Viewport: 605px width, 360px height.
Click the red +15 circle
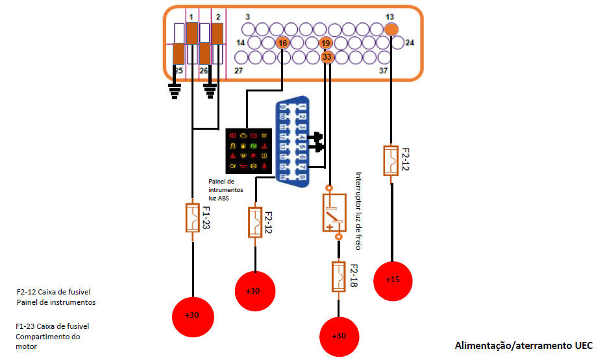coord(391,280)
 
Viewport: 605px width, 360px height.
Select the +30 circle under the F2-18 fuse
coord(338,336)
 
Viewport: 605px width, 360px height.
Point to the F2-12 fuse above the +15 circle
coord(391,161)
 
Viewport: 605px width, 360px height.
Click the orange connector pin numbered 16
coord(282,43)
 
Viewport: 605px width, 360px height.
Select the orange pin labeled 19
coord(326,43)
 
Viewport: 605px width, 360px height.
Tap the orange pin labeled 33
coord(327,57)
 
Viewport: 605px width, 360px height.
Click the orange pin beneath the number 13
coord(391,29)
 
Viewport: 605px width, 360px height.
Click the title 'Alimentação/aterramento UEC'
coord(523,346)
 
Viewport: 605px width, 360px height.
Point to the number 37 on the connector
coord(383,71)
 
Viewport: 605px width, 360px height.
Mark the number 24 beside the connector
coord(410,43)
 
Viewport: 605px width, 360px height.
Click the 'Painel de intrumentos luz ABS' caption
coord(225,189)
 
